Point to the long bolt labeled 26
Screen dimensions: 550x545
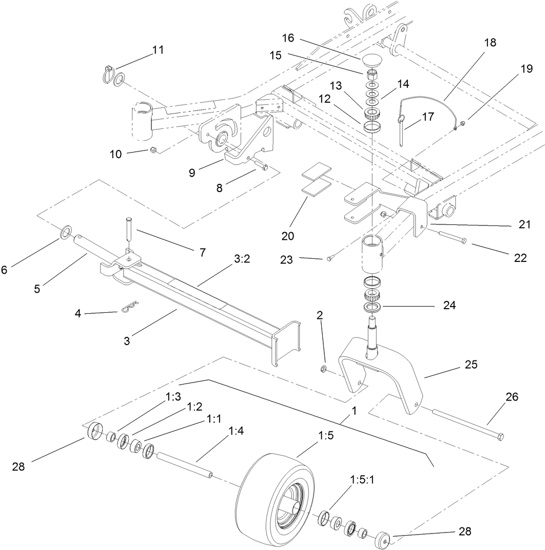pos(467,424)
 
